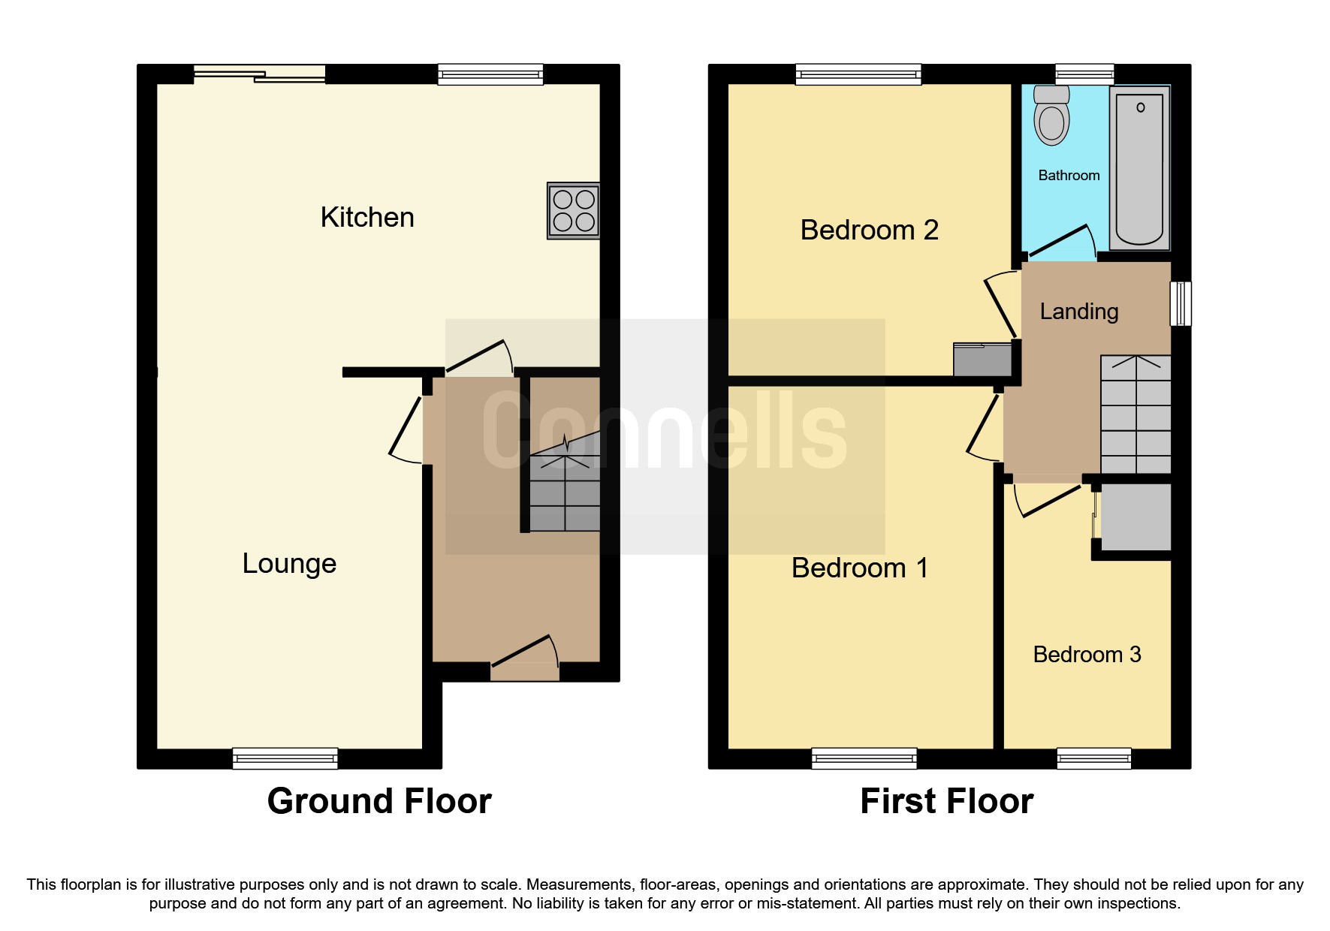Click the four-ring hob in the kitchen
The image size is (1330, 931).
click(574, 211)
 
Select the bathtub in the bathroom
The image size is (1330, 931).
click(1139, 168)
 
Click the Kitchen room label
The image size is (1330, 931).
click(366, 218)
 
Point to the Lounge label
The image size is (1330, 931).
click(289, 564)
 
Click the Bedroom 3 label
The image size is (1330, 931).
click(1087, 655)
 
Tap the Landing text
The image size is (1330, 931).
click(1078, 312)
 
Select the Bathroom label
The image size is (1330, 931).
click(1069, 176)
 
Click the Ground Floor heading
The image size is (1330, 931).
click(379, 801)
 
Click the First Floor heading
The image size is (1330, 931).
click(946, 801)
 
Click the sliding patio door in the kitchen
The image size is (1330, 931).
click(260, 74)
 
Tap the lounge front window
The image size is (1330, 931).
click(285, 758)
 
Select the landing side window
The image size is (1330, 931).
click(1181, 303)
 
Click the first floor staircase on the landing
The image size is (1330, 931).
click(1135, 414)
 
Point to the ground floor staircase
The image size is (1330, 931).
click(565, 488)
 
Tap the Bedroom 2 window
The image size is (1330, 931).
click(858, 74)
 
